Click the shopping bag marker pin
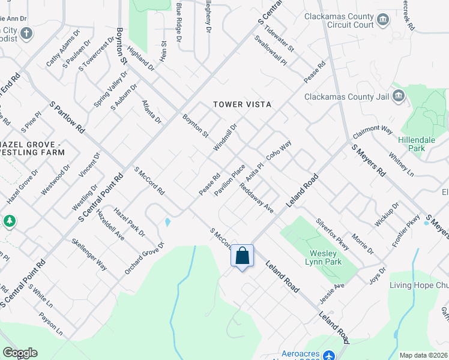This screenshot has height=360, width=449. (x=242, y=256)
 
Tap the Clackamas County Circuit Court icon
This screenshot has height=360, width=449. (x=382, y=22)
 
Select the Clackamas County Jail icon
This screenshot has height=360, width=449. (x=398, y=96)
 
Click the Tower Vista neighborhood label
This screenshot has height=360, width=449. (x=243, y=104)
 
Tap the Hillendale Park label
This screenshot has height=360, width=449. (x=416, y=144)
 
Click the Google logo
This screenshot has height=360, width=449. (x=20, y=353)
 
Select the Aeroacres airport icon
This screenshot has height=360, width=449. (x=330, y=355)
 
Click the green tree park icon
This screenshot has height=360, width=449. (x=9, y=221)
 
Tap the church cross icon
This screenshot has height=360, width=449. (x=26, y=33)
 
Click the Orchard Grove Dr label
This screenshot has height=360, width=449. (x=144, y=257)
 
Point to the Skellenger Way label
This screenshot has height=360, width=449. (x=89, y=254)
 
